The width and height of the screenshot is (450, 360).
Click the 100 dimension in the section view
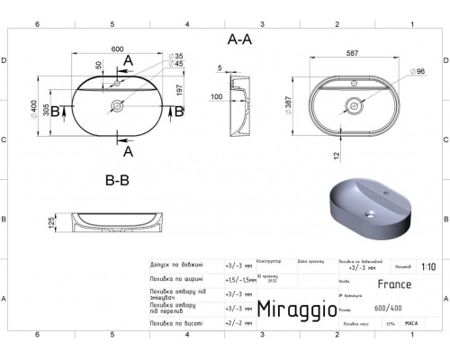pos(216,96)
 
